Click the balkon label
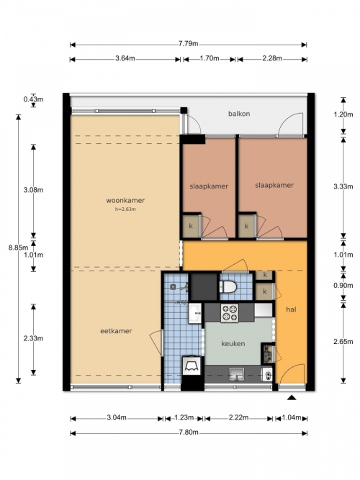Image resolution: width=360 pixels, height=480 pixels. point(239,114)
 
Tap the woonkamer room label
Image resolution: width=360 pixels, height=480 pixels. point(125,201)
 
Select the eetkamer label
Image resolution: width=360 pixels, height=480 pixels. point(116,331)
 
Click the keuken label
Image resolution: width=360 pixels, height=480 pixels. point(233,344)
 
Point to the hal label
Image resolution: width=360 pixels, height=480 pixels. point(291,309)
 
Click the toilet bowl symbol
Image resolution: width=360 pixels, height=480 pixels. point(228,287)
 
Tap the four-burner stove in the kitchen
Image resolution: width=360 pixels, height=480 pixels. point(230,313)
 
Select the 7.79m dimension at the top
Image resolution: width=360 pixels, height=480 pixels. point(189,43)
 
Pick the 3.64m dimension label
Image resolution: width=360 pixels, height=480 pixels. point(125,58)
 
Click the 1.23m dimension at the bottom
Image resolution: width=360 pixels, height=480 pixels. point(184,417)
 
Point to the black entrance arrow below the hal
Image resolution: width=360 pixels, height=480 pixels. point(292,398)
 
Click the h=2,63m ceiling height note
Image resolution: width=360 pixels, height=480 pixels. point(125,209)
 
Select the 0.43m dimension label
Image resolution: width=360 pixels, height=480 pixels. point(33,99)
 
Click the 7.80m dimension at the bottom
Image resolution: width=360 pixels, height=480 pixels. point(189,433)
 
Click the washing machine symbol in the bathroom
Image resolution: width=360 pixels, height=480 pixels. point(192,366)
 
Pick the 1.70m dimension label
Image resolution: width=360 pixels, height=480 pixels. point(210,58)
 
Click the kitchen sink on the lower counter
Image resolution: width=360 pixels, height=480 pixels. point(237,374)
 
